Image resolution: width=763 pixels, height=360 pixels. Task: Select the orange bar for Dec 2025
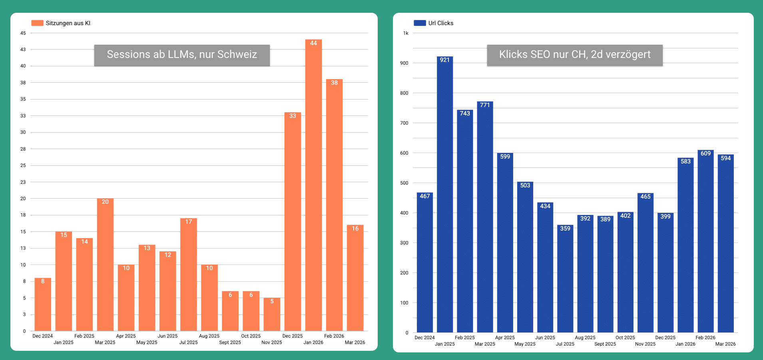[293, 221]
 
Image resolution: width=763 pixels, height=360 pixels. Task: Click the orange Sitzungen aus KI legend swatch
[37, 23]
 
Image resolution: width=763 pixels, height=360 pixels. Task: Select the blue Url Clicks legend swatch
[420, 23]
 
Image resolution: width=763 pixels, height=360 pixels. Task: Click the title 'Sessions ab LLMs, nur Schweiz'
[182, 55]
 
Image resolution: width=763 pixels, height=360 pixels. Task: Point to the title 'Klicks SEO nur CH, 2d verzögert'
[575, 55]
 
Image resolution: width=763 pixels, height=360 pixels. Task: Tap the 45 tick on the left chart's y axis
[23, 33]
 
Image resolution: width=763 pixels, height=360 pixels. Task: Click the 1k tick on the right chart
[406, 33]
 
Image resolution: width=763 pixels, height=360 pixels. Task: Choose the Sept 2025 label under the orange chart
[230, 342]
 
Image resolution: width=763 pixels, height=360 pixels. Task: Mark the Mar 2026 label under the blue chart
[725, 344]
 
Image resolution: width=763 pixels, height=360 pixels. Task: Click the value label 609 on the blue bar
[705, 153]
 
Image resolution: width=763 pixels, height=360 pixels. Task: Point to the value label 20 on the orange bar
[105, 202]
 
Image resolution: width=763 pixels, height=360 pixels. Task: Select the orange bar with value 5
[272, 314]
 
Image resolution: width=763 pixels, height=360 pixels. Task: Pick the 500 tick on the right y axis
[404, 183]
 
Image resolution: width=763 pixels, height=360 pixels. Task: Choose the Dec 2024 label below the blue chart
[424, 338]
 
